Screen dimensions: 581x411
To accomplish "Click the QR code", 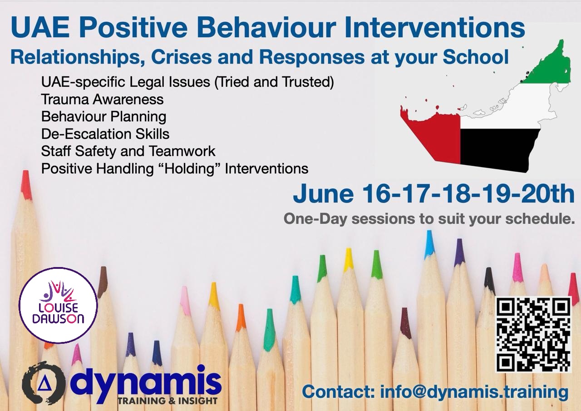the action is coord(533,335).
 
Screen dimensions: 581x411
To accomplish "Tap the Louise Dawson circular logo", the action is coord(58,305).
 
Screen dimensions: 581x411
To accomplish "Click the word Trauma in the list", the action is coord(64,99).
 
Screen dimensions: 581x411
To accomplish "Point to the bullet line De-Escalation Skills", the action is coord(105,134).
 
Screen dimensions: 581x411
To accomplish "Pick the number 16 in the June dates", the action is coord(375,194).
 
